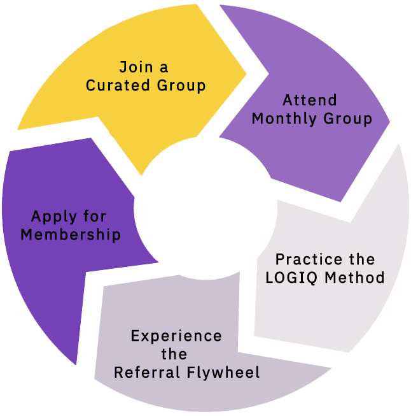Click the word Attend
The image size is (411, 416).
tap(310, 101)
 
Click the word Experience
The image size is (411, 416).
tap(176, 336)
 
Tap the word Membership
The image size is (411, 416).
tap(71, 234)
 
